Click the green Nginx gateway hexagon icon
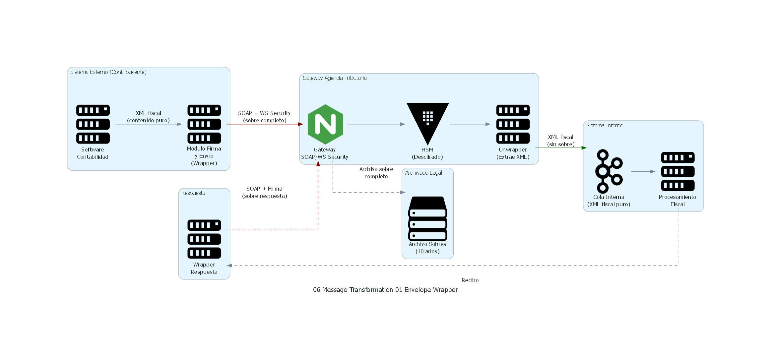(x=325, y=124)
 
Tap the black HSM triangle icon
(x=427, y=121)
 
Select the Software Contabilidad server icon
(x=93, y=124)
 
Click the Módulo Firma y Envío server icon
(x=204, y=124)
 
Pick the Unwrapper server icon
(x=513, y=124)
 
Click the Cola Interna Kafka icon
(x=608, y=171)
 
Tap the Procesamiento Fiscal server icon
(x=677, y=171)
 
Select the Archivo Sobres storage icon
(x=427, y=219)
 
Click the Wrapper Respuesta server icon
(x=204, y=239)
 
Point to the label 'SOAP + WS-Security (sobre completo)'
(x=264, y=117)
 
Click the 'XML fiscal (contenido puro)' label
(x=148, y=117)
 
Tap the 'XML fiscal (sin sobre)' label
(x=560, y=141)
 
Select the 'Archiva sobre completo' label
(x=376, y=173)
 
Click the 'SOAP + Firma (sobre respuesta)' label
(x=264, y=192)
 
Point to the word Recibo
(x=470, y=280)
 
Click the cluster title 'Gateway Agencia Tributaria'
(x=335, y=78)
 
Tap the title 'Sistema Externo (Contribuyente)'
(x=108, y=72)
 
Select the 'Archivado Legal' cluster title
(x=423, y=173)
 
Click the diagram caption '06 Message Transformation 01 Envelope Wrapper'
(x=385, y=290)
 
